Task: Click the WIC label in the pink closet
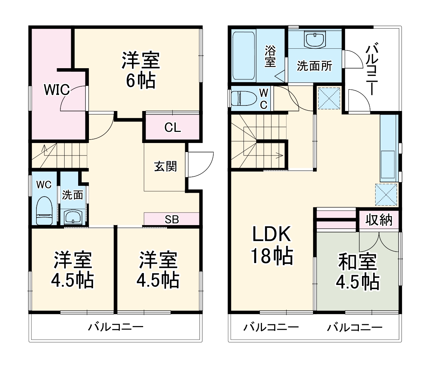57,90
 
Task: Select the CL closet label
172,128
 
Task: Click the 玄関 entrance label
165,167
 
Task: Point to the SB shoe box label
172,220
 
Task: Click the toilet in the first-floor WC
44,211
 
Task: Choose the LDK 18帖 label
272,245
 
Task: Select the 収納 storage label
379,220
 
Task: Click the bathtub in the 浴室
244,56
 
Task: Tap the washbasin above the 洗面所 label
315,39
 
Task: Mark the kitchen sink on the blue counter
388,164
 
